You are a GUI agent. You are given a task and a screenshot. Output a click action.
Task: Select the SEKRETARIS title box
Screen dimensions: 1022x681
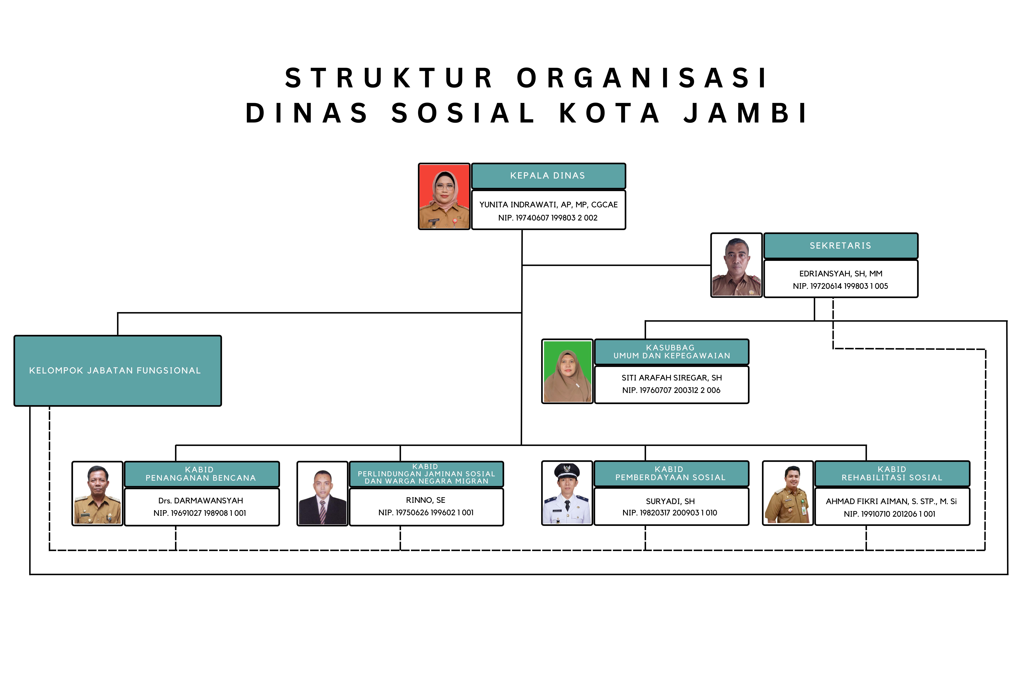click(841, 246)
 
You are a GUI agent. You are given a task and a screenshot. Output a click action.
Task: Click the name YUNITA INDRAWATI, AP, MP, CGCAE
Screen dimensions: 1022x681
click(548, 204)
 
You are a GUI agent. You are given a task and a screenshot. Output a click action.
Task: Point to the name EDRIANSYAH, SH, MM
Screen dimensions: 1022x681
click(841, 274)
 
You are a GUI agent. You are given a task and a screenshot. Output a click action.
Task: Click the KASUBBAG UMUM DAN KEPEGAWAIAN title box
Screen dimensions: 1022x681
click(672, 352)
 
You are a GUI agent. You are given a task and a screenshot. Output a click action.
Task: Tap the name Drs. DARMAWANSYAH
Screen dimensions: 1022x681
click(201, 501)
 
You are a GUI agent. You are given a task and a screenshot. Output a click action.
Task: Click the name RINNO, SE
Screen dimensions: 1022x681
click(426, 500)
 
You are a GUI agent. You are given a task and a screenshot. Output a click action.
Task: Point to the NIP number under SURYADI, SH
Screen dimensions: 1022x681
click(670, 513)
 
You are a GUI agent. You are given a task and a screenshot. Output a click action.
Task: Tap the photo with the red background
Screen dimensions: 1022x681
click(444, 196)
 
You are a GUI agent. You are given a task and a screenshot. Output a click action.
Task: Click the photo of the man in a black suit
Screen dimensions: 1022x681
click(322, 494)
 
